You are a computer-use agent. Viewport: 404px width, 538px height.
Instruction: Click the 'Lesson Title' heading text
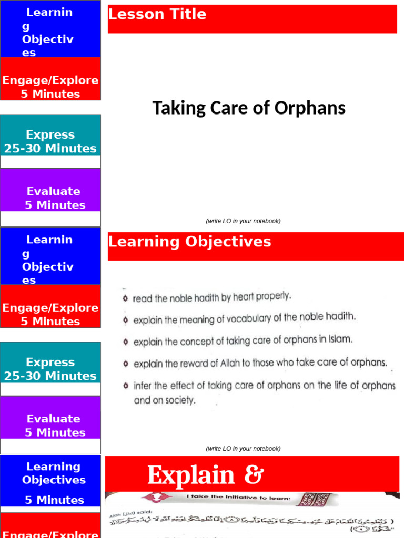tap(157, 15)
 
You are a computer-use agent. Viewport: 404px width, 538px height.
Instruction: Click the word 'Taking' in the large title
tap(172, 108)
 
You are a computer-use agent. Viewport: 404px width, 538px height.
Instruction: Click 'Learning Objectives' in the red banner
tap(189, 242)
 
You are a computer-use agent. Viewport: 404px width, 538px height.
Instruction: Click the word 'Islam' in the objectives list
tap(339, 339)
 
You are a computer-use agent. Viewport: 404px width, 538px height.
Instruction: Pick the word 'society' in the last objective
tap(180, 400)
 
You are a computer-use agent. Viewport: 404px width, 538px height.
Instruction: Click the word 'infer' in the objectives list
tap(143, 386)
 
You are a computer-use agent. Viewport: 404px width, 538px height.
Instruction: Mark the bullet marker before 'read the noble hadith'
tap(125, 298)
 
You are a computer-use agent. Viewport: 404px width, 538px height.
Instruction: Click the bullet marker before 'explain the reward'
tap(125, 364)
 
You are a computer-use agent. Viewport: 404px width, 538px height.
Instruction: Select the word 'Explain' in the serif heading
tap(190, 475)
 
